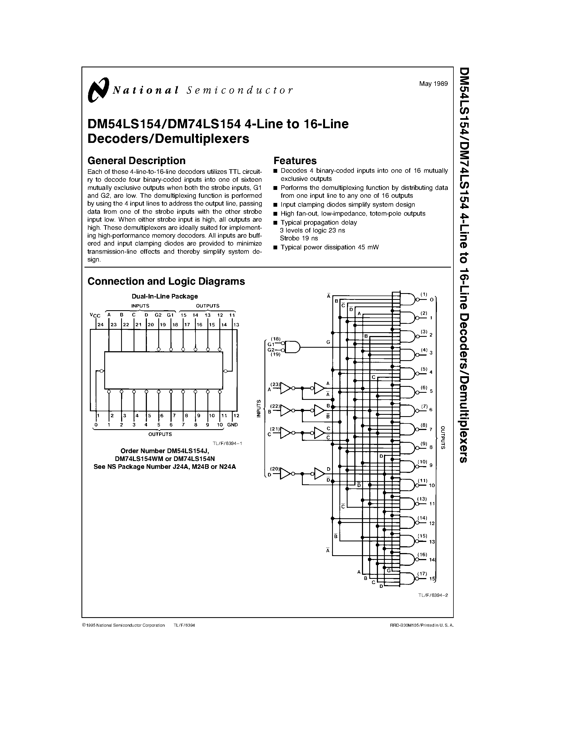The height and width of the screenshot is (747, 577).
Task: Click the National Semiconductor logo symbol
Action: pos(98,90)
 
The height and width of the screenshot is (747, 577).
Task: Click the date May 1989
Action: pos(433,83)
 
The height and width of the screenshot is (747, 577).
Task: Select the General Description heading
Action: pos(136,161)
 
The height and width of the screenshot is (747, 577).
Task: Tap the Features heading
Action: pos(295,161)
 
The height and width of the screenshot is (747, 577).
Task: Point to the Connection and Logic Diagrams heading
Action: pos(166,281)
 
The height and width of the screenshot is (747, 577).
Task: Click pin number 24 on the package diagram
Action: pos(100,325)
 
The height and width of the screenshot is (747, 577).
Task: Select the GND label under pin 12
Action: pos(232,425)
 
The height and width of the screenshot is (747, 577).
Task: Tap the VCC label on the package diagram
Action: pos(95,315)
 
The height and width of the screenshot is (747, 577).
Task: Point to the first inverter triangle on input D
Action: pos(285,474)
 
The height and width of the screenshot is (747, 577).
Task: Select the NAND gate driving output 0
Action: pos(407,299)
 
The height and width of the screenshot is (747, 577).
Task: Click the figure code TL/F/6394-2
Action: pos(433,595)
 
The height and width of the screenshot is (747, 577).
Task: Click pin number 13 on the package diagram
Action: pos(236,325)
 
